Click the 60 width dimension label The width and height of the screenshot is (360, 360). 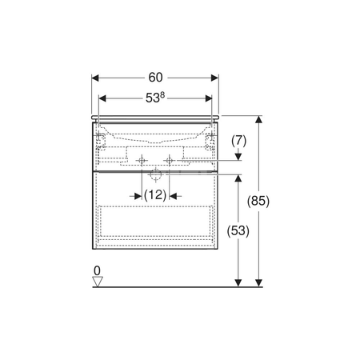pyautogui.click(x=155, y=78)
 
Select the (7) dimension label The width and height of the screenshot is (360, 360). pyautogui.click(x=238, y=141)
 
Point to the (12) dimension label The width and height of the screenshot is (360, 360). pyautogui.click(x=155, y=195)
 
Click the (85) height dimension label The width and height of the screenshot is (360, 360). pyautogui.click(x=258, y=201)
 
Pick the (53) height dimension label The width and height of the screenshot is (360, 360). pyautogui.click(x=238, y=230)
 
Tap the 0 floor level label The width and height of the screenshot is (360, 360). pyautogui.click(x=98, y=271)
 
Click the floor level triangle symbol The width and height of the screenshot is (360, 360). pyautogui.click(x=98, y=282)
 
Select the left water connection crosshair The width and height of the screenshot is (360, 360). pyautogui.click(x=142, y=161)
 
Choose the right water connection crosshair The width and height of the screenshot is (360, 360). pyautogui.click(x=170, y=161)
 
